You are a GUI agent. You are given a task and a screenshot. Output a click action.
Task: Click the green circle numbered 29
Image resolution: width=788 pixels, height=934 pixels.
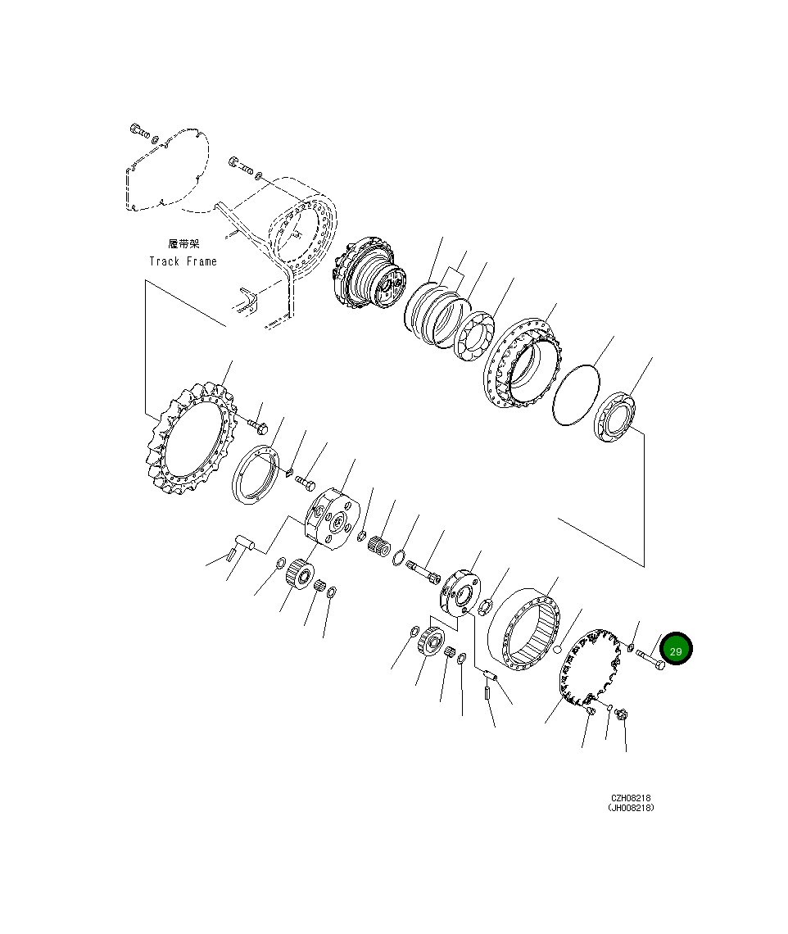pyautogui.click(x=676, y=649)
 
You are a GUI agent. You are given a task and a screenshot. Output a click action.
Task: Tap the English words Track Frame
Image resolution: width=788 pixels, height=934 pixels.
pyautogui.click(x=183, y=261)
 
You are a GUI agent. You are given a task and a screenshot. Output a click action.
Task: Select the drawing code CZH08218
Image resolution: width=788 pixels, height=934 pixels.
pyautogui.click(x=631, y=798)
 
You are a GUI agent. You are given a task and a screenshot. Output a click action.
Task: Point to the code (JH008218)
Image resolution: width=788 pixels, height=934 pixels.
pyautogui.click(x=631, y=808)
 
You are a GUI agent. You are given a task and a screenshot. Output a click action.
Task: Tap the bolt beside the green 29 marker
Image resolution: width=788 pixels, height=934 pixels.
pyautogui.click(x=650, y=659)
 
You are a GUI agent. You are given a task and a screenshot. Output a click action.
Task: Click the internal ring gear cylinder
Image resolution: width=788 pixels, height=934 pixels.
pyautogui.click(x=524, y=628)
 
